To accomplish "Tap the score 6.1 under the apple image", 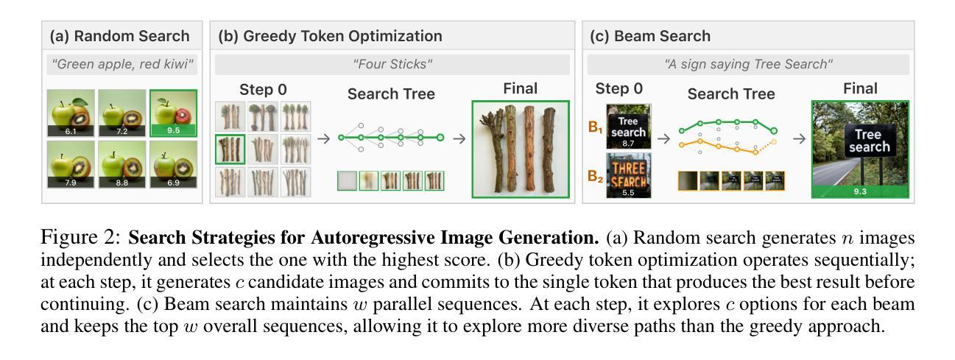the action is pos(71,131).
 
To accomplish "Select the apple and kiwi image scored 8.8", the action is pos(121,163).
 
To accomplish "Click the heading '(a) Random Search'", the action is pos(119,35).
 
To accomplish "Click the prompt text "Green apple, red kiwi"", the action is pos(122,64).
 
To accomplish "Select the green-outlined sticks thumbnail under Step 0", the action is pos(230,149).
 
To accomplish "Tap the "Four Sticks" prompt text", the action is pos(392,64).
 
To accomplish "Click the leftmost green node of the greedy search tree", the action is pos(341,138).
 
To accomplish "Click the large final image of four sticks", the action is pos(520,149).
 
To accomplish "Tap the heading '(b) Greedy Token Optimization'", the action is pos(330,35).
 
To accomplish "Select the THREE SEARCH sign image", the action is pos(628,175).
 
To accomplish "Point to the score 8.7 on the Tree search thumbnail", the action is pos(628,144).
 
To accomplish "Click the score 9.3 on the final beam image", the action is pos(860,191).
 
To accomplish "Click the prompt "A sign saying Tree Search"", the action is pos(748,64).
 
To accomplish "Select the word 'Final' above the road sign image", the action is pos(860,89).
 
